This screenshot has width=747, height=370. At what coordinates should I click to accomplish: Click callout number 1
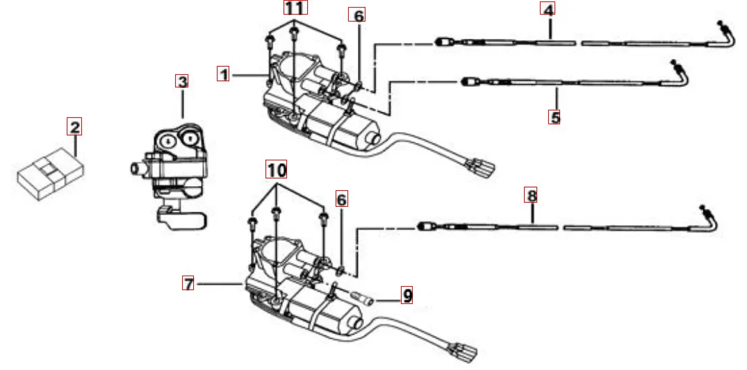click(x=223, y=74)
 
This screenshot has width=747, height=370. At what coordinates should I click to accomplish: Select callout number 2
click(x=74, y=126)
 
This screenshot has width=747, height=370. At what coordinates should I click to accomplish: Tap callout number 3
click(x=182, y=81)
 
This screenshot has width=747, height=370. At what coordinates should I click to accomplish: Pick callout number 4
click(x=549, y=10)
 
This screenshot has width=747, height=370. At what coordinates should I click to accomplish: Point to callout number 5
click(x=555, y=117)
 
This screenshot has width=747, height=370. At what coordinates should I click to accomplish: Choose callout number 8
click(x=532, y=196)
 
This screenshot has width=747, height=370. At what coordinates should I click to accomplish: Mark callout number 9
click(x=407, y=296)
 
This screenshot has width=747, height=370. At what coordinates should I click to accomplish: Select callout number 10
click(x=277, y=169)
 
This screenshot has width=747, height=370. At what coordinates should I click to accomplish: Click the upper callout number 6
click(x=359, y=15)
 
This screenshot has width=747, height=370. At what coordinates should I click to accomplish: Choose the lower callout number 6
click(x=341, y=199)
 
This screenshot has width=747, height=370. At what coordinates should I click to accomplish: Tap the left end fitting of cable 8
click(x=424, y=226)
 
